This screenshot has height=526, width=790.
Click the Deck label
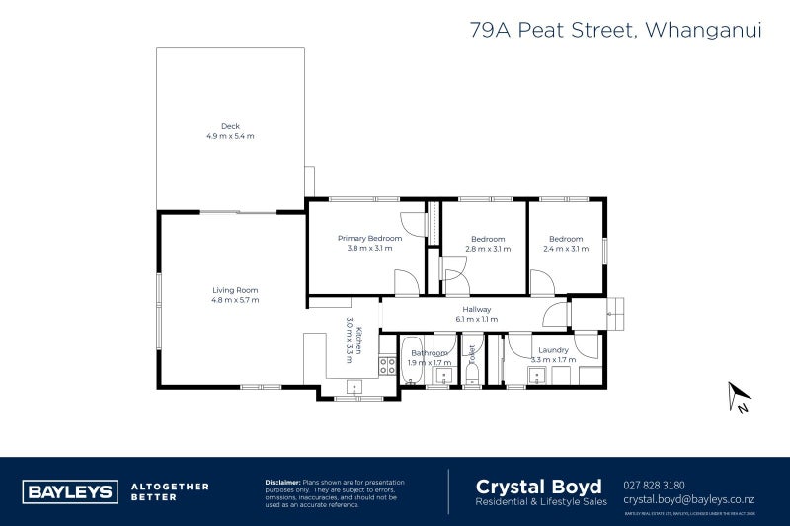(230, 125)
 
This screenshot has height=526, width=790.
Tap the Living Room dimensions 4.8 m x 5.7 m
(235, 299)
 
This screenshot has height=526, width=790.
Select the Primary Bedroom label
(370, 238)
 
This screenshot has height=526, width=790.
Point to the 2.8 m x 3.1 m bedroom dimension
(488, 249)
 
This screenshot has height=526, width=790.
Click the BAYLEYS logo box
(69, 491)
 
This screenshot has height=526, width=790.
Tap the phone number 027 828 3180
(655, 485)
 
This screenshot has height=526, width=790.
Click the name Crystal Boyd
(539, 486)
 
